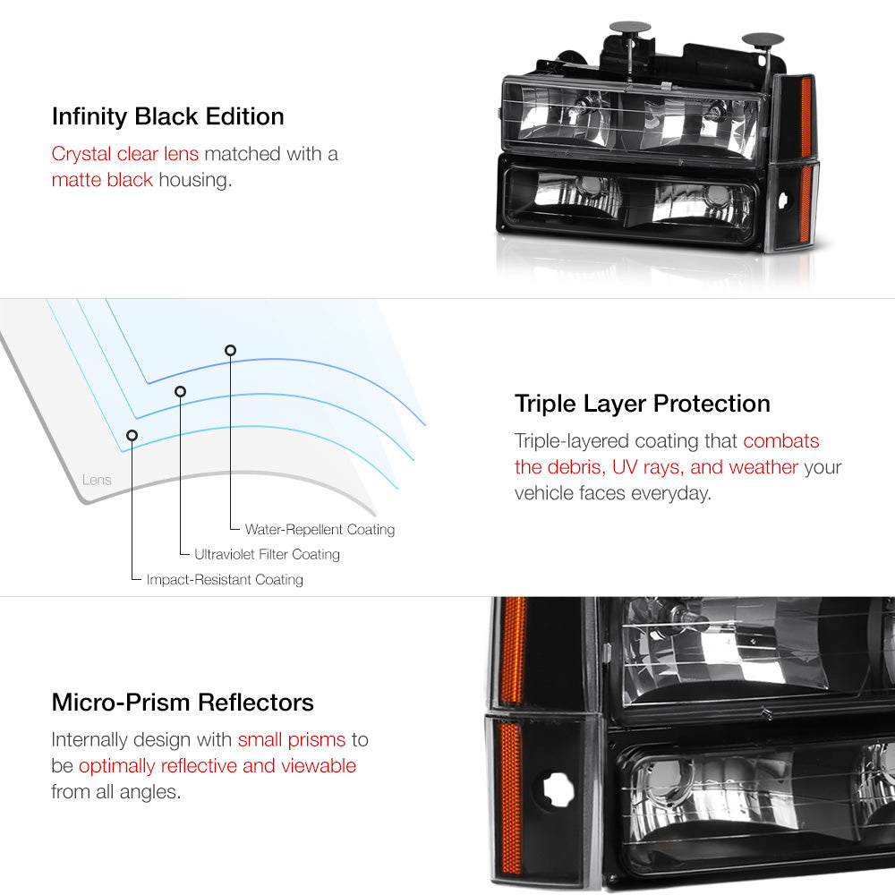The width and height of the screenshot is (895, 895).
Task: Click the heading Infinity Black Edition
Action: pos(167,116)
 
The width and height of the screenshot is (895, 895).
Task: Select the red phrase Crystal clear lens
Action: pos(124,154)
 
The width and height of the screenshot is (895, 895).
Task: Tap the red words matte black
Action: pos(102,180)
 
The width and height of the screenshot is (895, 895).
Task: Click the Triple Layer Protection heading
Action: pos(642,404)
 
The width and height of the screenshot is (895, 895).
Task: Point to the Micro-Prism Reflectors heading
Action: pos(183,702)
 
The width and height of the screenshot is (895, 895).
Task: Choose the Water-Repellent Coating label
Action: pos(320,530)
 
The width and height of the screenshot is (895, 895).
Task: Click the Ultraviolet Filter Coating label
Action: pos(267,555)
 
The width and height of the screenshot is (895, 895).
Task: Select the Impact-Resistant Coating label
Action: pos(224,580)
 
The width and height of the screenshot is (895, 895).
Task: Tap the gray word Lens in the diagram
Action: pos(97,480)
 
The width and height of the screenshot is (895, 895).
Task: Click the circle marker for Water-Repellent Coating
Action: pos(231,350)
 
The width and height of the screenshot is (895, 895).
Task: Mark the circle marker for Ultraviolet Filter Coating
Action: pos(180,391)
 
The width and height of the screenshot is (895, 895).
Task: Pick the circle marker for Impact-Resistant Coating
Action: pos(132,435)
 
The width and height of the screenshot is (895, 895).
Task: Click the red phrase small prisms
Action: pos(291,740)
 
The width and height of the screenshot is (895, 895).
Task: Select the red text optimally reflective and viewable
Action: pos(217,766)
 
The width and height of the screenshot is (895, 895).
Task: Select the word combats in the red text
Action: pos(780,441)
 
